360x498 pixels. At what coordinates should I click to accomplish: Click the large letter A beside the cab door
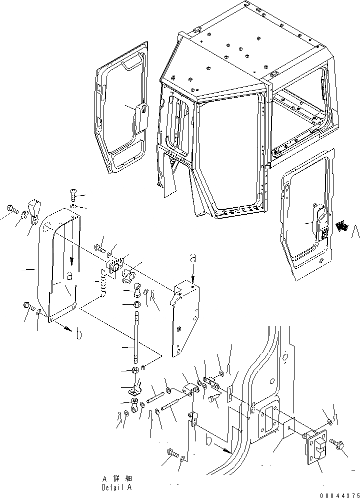(x=354, y=231)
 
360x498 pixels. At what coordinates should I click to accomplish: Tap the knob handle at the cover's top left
(x=35, y=209)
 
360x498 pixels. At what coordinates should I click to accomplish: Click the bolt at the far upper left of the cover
(x=11, y=209)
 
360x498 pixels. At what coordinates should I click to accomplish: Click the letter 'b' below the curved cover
(x=78, y=334)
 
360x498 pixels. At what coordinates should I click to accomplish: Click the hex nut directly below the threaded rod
(x=134, y=371)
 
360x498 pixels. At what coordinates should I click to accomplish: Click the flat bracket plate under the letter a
(x=186, y=320)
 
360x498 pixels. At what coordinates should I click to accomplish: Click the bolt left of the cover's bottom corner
(x=27, y=306)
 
